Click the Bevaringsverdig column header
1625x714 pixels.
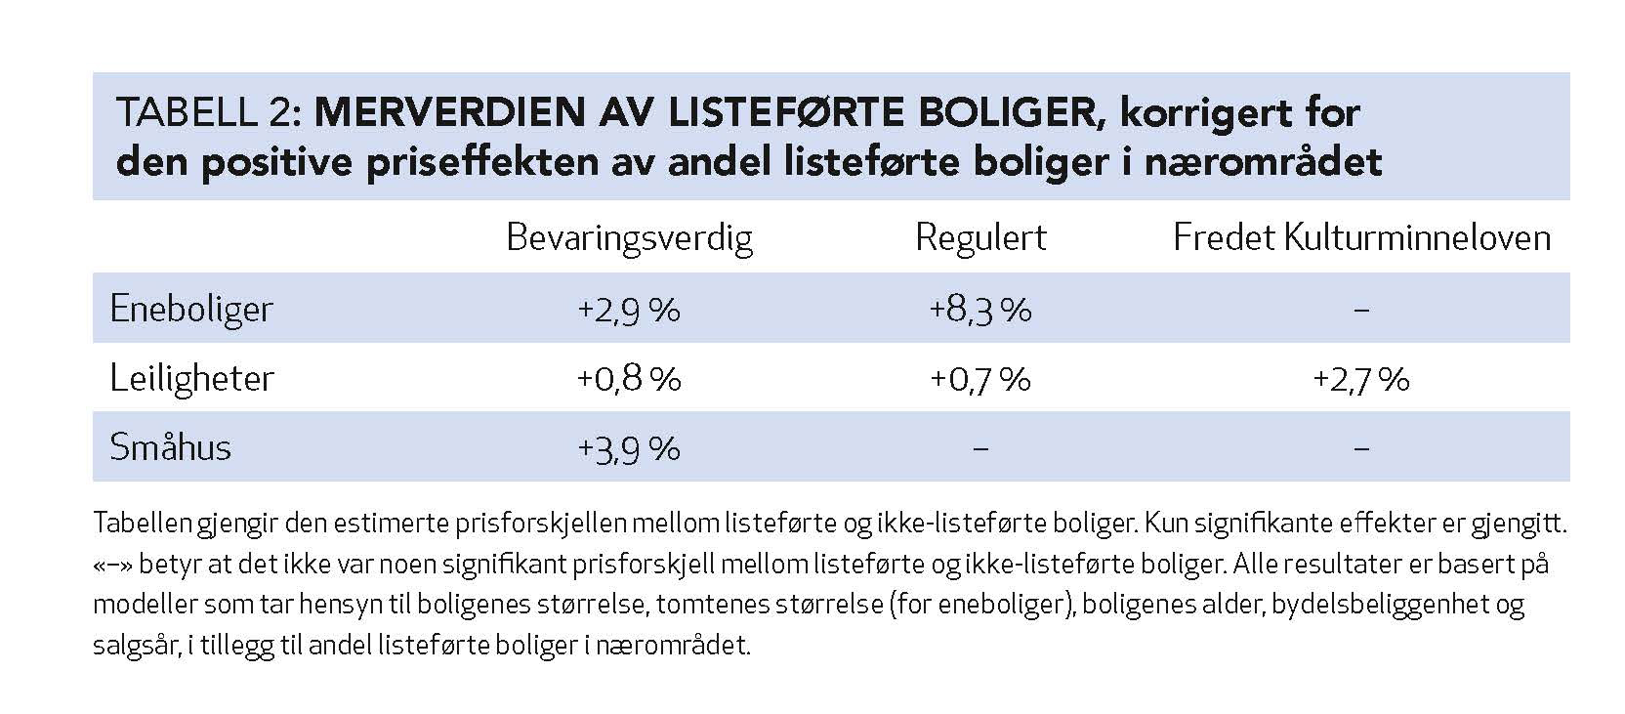(629, 237)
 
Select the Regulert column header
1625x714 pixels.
(980, 237)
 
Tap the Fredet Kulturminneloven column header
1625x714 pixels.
(1361, 237)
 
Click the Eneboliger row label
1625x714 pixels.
(191, 309)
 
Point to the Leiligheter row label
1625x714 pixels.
(192, 378)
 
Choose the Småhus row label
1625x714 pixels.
(171, 447)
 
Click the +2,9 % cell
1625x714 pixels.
(629, 310)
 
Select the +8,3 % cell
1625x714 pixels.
(980, 310)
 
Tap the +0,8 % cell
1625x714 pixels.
(629, 379)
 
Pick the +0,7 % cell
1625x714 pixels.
(980, 379)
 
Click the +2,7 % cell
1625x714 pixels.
(1361, 379)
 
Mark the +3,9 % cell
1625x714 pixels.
(629, 448)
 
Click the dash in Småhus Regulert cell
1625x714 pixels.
(981, 448)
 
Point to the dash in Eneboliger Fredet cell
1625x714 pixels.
(1362, 310)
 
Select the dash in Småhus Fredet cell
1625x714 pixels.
(1362, 448)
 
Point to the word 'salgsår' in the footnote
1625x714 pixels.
(134, 647)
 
